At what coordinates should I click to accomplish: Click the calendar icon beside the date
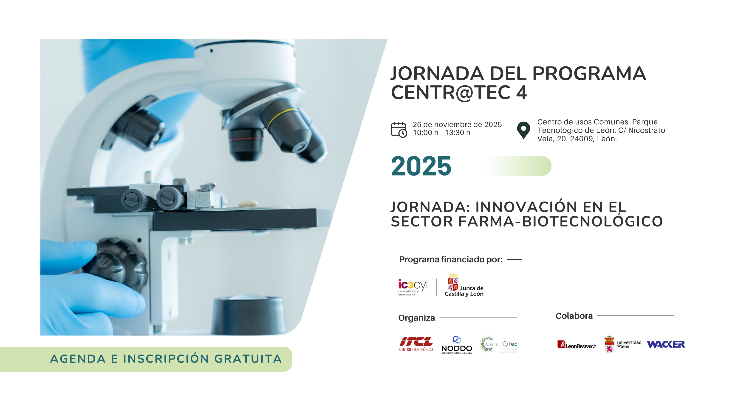[x=399, y=130]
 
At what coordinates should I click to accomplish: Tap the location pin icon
[x=523, y=130]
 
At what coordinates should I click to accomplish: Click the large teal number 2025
[x=421, y=166]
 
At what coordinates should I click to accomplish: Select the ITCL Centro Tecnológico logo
[x=416, y=344]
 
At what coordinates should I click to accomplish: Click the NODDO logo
[x=457, y=345]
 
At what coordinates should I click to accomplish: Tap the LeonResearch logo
[x=577, y=345]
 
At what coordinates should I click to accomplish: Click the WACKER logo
[x=666, y=344]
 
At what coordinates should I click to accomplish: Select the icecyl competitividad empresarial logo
[x=413, y=287]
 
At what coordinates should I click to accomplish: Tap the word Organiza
[x=416, y=318]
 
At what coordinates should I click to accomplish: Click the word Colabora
[x=574, y=316]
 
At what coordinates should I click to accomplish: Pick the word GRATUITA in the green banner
[x=248, y=359]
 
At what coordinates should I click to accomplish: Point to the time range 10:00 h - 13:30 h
[x=441, y=133]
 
